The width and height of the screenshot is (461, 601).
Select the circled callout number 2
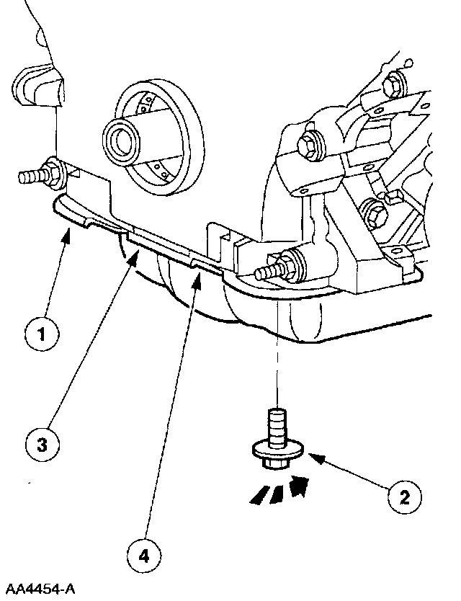406,496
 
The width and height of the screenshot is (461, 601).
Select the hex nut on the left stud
53,172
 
